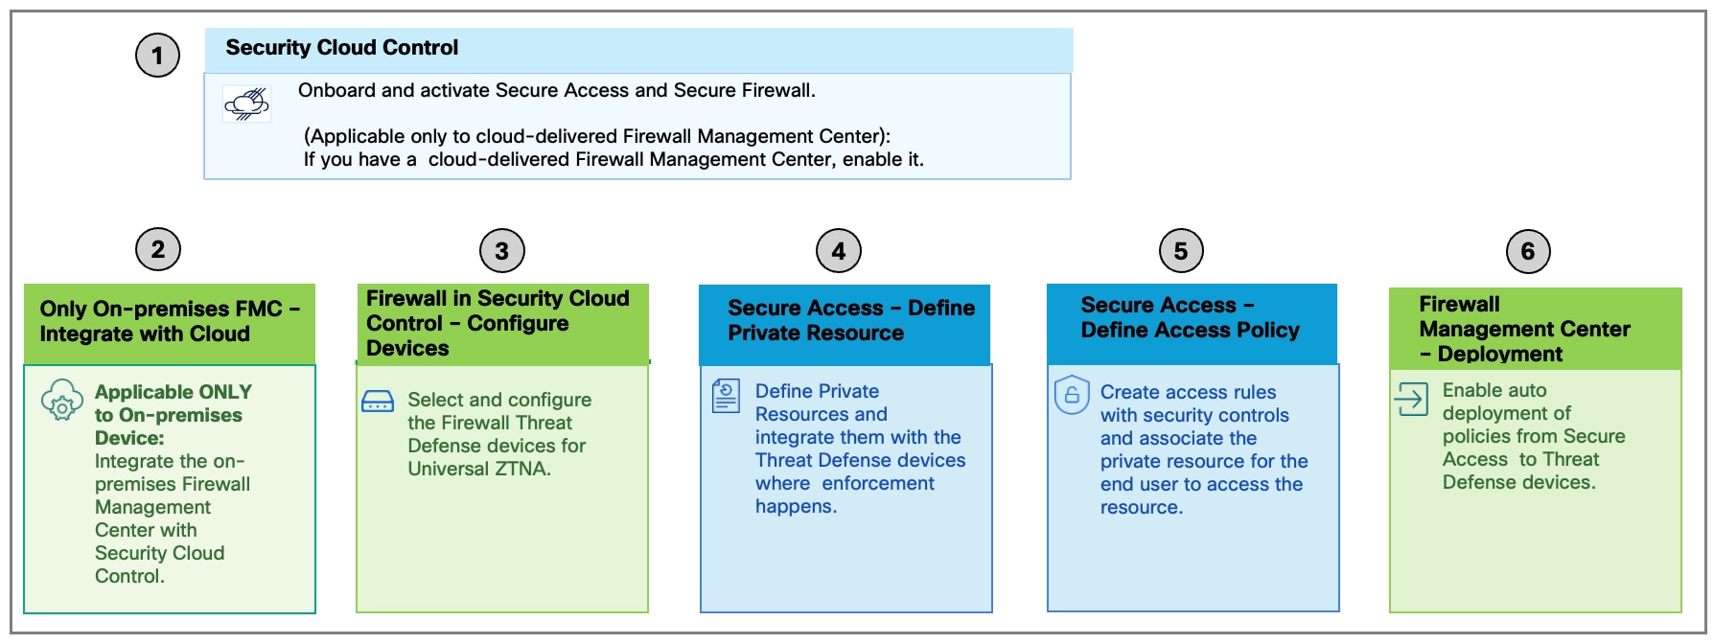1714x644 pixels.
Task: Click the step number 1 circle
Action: (x=157, y=56)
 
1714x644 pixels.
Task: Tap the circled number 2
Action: (x=158, y=250)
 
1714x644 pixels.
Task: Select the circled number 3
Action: (x=501, y=251)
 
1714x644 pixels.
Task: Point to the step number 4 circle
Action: (x=839, y=251)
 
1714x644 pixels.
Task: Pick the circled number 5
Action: (x=1181, y=251)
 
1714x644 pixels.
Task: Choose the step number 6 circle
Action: (x=1528, y=251)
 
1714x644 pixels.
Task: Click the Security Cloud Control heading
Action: (x=342, y=48)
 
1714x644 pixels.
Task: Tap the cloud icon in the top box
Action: (x=247, y=103)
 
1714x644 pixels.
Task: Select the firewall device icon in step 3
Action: (x=378, y=401)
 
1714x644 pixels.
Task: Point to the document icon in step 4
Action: (x=726, y=396)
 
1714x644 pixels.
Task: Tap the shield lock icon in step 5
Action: (x=1072, y=394)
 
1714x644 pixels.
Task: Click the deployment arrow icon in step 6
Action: (x=1411, y=399)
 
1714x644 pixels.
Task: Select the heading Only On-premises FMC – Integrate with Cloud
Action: (x=170, y=321)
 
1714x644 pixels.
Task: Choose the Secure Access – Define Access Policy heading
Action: (x=1190, y=317)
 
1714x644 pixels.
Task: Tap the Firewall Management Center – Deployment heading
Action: (x=1524, y=329)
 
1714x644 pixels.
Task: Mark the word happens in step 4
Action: (x=796, y=506)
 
